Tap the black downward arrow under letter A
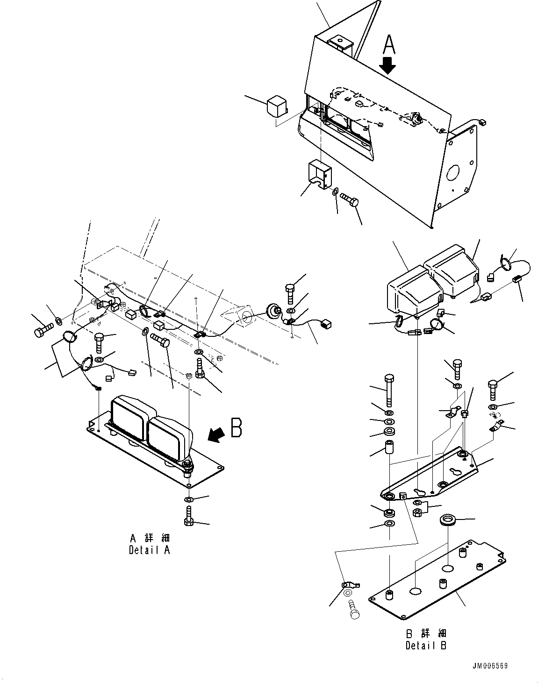click(x=387, y=66)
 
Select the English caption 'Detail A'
click(x=149, y=550)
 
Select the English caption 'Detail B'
click(x=426, y=646)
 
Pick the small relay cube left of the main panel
click(x=276, y=107)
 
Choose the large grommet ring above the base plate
click(x=448, y=521)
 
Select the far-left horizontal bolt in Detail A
click(x=41, y=332)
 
